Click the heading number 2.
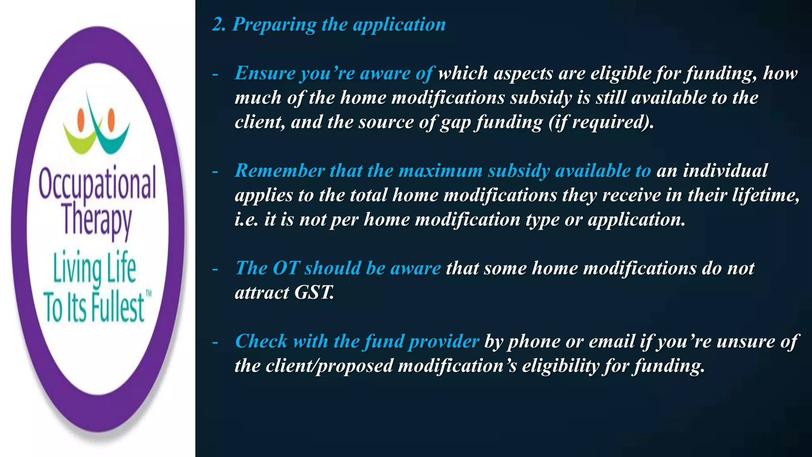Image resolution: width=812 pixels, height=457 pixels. click(219, 25)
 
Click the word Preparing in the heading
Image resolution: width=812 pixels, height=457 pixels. click(274, 25)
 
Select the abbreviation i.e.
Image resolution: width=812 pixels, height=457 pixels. click(247, 219)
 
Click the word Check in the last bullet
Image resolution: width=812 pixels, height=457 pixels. click(261, 341)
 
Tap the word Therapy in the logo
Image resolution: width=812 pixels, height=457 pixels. click(97, 221)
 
